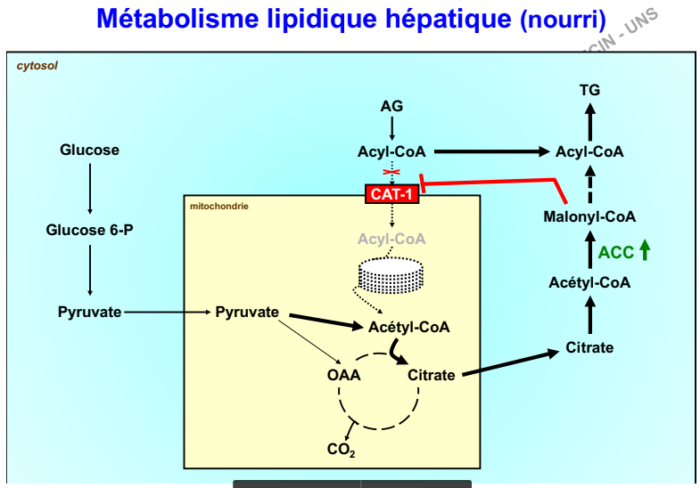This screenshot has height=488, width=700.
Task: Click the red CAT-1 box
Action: click(x=391, y=192)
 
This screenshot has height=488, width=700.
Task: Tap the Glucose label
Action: click(x=89, y=150)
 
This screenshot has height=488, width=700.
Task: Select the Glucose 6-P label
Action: click(x=89, y=231)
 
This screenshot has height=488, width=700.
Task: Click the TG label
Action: click(x=589, y=89)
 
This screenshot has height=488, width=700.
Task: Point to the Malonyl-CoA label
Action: click(x=589, y=216)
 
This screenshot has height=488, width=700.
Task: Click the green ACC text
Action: click(x=616, y=252)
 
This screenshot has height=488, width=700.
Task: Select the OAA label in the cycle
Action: click(x=343, y=375)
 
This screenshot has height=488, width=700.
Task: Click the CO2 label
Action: click(x=341, y=451)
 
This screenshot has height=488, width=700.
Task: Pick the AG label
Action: click(x=391, y=106)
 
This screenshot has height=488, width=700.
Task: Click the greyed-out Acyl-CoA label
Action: click(x=391, y=239)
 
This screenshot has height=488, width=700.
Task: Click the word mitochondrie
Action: click(x=219, y=207)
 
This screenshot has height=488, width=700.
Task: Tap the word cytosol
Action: click(x=37, y=65)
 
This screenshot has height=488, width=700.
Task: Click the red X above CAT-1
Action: click(x=391, y=172)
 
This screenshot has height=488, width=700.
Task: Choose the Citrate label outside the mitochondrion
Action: click(x=589, y=347)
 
